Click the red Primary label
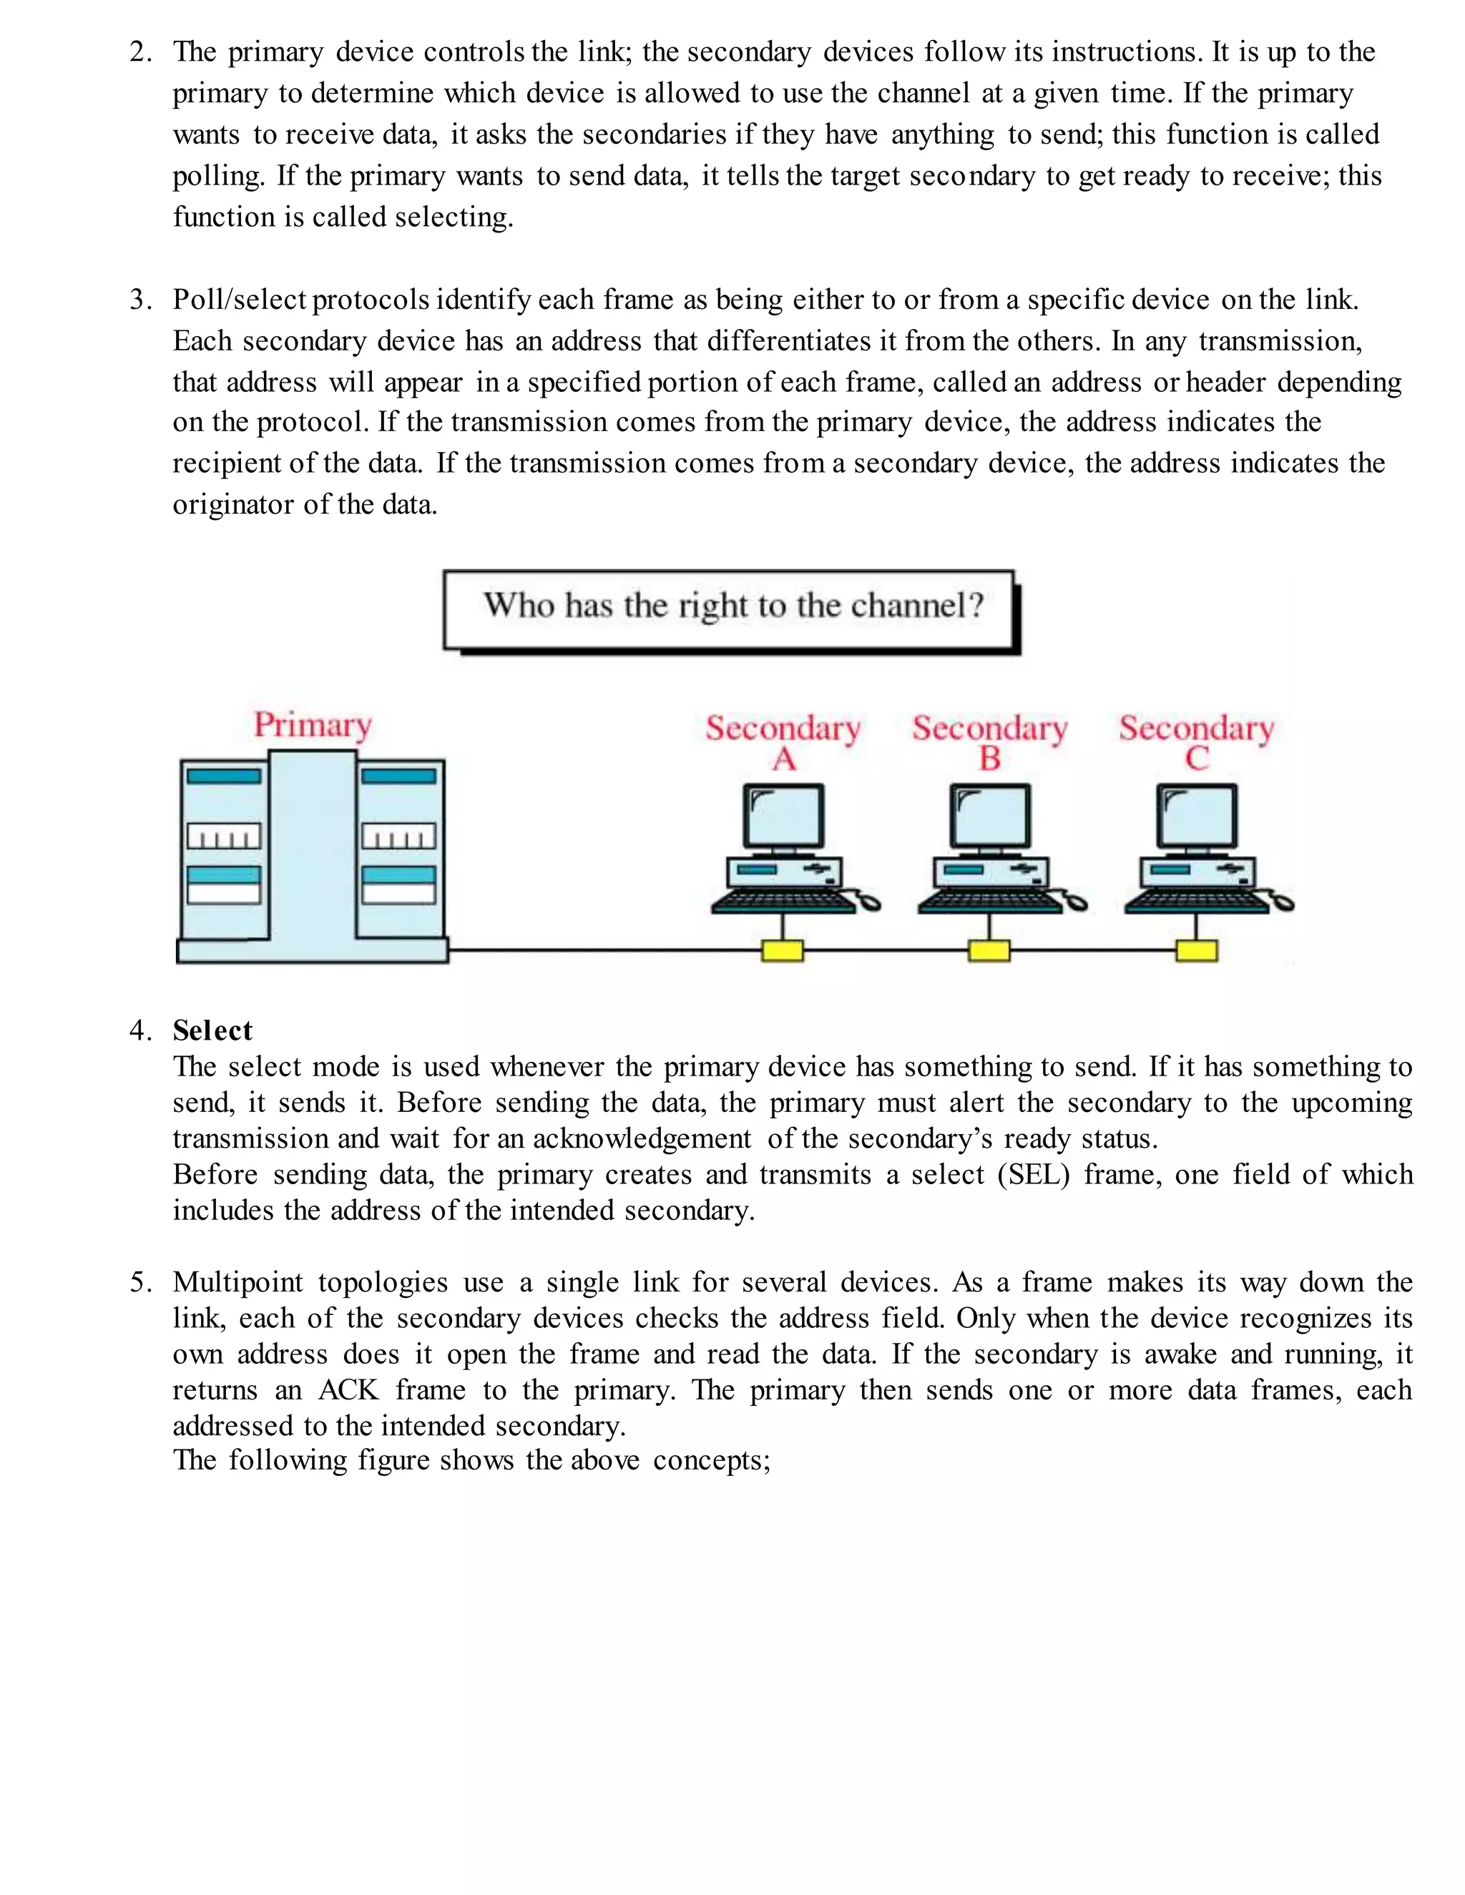(x=313, y=724)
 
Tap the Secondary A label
(x=783, y=742)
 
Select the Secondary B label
(x=989, y=742)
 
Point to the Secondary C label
(x=1196, y=742)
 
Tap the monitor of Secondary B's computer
(x=990, y=817)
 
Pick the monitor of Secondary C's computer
(x=1197, y=817)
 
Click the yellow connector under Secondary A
(x=783, y=951)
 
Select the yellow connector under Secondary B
(x=989, y=951)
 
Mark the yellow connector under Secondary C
(x=1197, y=951)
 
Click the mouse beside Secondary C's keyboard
(x=1282, y=904)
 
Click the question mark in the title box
(x=976, y=606)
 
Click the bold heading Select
(x=212, y=1030)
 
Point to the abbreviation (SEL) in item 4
(x=1034, y=1175)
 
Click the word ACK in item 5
(x=348, y=1390)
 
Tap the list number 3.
(x=139, y=300)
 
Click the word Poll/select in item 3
(x=240, y=300)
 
